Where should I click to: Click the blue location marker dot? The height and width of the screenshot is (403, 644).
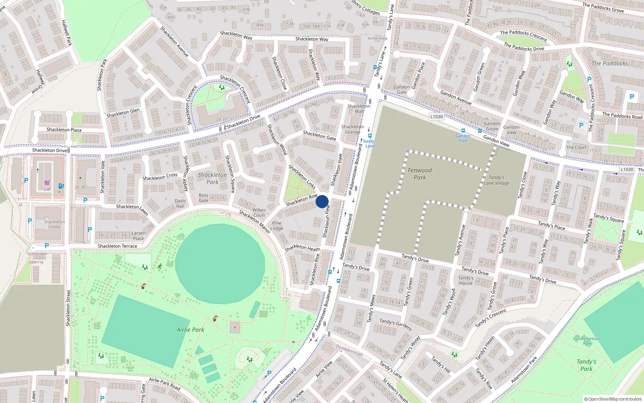(322, 201)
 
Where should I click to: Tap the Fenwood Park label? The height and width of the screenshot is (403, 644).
(419, 174)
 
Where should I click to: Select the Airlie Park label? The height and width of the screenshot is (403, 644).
(190, 330)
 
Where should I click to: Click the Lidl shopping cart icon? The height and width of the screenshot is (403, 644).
(47, 183)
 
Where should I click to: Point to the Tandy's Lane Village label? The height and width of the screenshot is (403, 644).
(496, 180)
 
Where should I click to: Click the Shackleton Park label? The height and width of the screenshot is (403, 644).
(212, 178)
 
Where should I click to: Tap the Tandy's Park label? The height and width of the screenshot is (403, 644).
(586, 365)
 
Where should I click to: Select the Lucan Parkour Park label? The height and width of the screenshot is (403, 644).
(587, 341)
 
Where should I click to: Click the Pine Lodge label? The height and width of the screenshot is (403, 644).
(277, 226)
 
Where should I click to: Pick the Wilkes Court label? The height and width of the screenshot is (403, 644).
(259, 212)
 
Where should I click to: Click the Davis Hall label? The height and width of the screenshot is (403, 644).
(180, 204)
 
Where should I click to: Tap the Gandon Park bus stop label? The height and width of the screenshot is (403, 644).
(463, 138)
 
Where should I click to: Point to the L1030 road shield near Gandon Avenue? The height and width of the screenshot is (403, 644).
(436, 117)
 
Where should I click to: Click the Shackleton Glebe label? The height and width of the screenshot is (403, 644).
(54, 224)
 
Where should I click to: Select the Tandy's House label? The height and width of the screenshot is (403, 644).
(466, 280)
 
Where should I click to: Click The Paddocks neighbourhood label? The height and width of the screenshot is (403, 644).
(609, 63)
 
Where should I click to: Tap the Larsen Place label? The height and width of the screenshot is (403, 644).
(138, 236)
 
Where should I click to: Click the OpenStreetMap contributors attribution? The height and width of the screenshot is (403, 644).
(613, 399)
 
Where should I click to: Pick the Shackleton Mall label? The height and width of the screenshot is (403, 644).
(359, 109)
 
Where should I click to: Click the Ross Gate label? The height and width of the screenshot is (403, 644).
(204, 198)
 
